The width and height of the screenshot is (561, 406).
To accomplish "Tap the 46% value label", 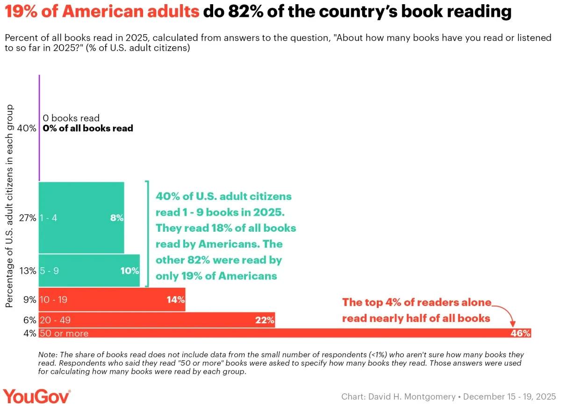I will coord(520,334).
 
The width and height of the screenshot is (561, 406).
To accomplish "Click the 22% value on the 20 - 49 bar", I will coord(265,320).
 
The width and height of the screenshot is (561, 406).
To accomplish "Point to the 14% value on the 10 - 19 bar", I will coord(176,299).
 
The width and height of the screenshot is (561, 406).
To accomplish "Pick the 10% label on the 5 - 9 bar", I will coord(129,271).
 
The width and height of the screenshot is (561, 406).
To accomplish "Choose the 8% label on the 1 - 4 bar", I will coord(116,217).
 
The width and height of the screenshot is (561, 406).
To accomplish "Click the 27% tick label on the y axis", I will coord(27,218).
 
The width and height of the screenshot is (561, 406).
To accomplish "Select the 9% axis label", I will coord(29,300).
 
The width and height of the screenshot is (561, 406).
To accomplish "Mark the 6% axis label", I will coord(29,321).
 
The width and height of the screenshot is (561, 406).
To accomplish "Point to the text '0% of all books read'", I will coord(88,128).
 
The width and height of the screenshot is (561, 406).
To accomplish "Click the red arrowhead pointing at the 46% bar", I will coord(513,323).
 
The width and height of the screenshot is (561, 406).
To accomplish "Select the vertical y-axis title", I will coord(9,206).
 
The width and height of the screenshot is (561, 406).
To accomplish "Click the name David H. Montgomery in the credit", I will coord(411,397).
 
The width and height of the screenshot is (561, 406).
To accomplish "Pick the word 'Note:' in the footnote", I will coord(48,355).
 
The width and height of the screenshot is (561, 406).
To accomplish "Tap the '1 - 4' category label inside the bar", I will coord(49,218).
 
